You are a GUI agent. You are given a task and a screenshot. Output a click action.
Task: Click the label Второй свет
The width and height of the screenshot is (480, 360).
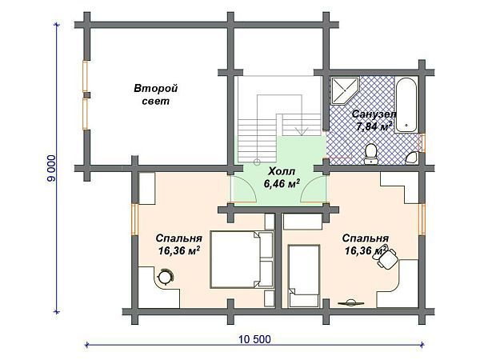155,95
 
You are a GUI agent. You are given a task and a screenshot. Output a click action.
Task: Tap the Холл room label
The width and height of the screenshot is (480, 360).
282,171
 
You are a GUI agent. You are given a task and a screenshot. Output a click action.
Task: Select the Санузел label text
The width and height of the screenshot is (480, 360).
374,114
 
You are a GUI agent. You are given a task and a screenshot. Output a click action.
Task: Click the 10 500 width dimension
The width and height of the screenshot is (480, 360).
254,339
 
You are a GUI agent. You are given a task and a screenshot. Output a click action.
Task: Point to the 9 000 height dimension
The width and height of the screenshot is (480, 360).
51,168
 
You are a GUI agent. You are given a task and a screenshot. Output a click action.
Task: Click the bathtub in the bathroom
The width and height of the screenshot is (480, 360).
406,105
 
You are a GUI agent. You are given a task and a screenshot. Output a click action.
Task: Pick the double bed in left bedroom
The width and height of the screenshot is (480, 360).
242,259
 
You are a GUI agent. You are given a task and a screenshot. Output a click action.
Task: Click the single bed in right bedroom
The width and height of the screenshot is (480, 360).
304,275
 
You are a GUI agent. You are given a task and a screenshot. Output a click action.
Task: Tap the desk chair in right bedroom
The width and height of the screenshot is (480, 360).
386,258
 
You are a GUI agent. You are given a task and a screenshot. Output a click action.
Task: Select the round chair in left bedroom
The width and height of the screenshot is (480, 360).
166,277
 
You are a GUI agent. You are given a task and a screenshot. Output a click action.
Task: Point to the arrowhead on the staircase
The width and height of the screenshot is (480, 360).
302,131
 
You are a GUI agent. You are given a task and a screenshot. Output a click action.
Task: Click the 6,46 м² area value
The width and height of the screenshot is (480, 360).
282,183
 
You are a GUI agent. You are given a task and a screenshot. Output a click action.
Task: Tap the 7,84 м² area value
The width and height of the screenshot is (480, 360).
374,126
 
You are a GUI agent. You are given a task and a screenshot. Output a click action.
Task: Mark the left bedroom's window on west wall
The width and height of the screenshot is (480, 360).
134,219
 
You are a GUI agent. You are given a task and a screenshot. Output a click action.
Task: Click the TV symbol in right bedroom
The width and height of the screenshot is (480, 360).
351,303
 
